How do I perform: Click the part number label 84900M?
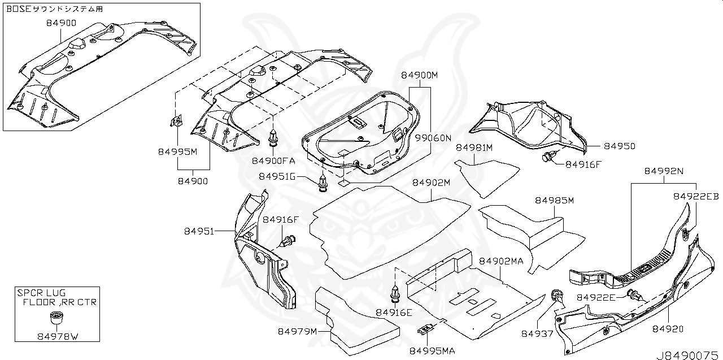420,75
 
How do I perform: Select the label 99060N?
434,137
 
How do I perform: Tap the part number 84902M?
431,183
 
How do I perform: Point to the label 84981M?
474,148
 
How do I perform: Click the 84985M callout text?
554,201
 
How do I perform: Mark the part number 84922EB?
695,197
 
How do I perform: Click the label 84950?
620,146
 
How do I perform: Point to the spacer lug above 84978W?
56,318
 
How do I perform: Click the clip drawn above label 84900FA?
273,138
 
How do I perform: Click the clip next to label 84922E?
634,294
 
